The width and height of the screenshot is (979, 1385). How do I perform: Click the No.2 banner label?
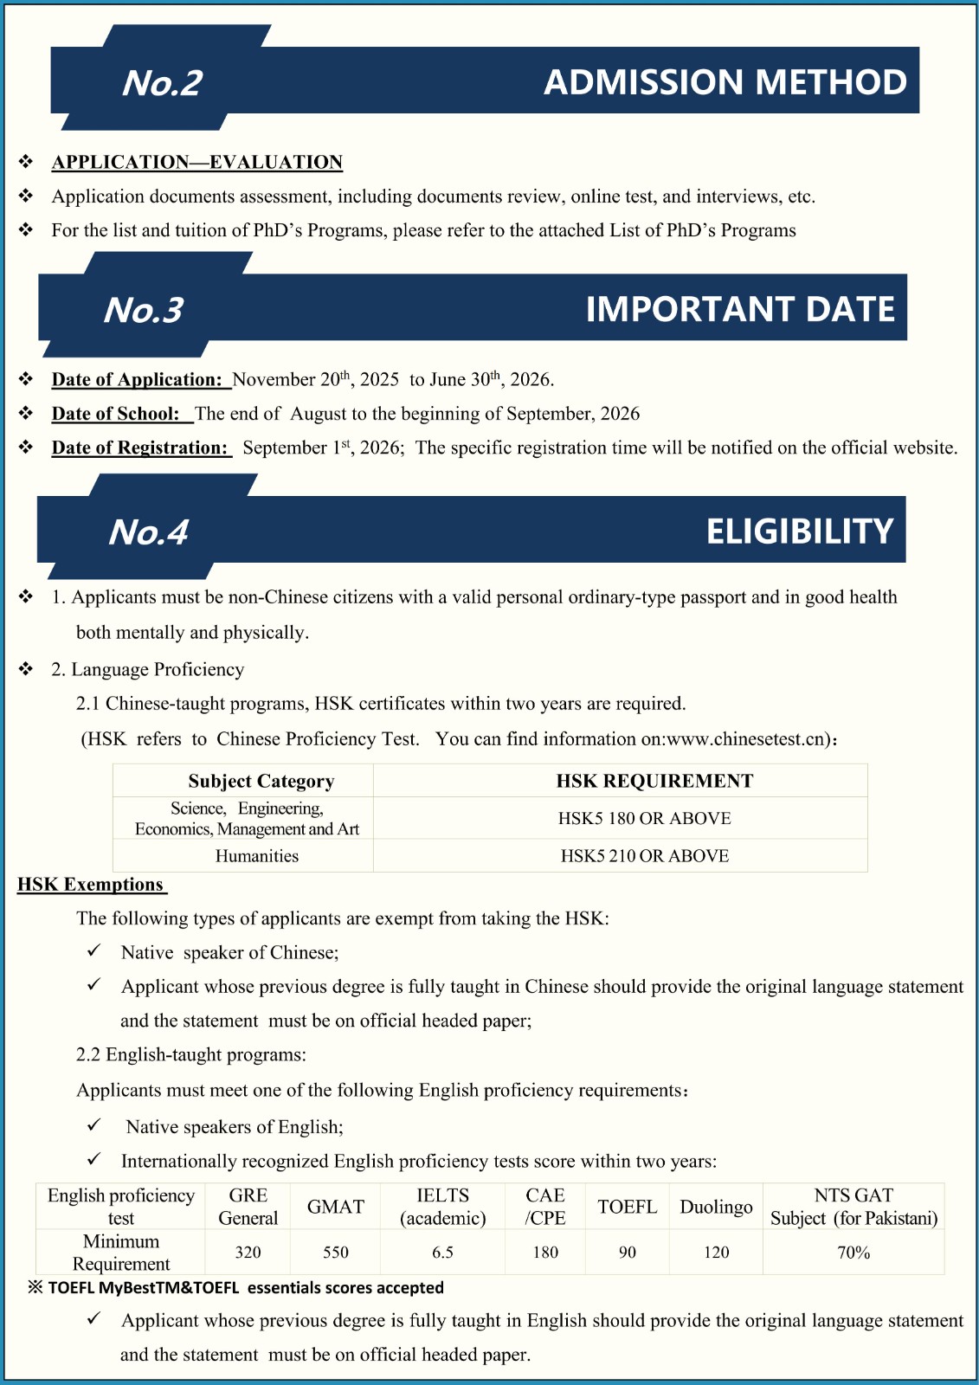pos(162,83)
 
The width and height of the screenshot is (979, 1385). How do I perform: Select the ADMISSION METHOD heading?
pos(725,82)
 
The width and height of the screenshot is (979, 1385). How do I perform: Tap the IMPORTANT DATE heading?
pos(740,309)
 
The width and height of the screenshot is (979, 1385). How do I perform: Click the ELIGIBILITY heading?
pos(799,531)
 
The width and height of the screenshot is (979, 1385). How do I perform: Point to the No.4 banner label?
pos(148,532)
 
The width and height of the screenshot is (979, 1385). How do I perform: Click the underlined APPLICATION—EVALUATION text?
pos(197,162)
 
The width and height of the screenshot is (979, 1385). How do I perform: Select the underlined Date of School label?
pos(116,414)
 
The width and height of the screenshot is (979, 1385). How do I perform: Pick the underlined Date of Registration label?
pos(140,448)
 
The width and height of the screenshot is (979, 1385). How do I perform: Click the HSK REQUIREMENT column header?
pos(654,781)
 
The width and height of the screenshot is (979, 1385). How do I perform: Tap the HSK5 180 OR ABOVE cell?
pos(644,818)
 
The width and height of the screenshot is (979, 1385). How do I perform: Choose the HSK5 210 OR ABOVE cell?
pos(644,856)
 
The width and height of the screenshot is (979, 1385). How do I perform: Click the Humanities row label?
pos(256,856)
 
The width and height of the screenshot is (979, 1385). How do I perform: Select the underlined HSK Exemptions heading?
pos(91,885)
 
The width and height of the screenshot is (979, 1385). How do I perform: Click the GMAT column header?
pos(336,1207)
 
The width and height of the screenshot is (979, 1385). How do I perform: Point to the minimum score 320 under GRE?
pos(248,1253)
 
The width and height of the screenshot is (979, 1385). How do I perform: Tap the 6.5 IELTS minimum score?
pos(442,1253)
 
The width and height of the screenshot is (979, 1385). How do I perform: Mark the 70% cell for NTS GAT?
pos(853,1253)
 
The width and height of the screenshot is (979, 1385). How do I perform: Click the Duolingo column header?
pos(716,1207)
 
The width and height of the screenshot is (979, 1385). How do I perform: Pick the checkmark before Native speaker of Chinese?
pos(94,951)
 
